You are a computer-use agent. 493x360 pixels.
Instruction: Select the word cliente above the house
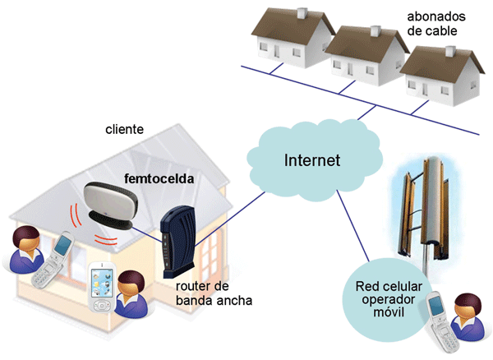tap(125, 130)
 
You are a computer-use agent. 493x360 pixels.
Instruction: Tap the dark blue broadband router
tap(175, 242)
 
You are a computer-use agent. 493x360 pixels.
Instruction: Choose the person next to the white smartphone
tap(131, 297)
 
